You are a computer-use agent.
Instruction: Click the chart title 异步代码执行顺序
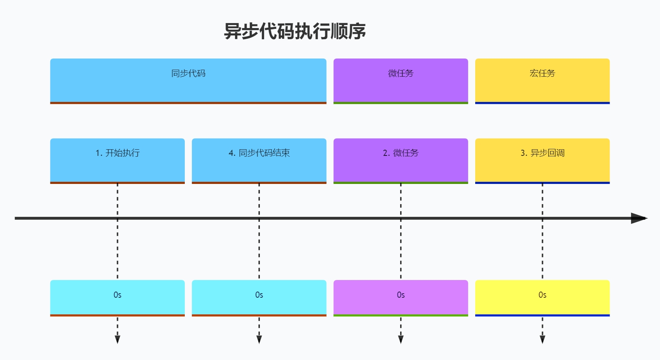295,31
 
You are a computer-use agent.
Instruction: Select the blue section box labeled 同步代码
188,81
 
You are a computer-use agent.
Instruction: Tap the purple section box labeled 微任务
401,81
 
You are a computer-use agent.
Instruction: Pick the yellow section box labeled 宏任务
542,81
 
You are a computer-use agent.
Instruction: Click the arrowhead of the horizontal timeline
639,218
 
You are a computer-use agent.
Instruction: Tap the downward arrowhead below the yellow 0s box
542,339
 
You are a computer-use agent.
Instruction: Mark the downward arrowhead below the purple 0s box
401,339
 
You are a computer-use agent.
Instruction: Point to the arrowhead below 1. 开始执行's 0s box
117,339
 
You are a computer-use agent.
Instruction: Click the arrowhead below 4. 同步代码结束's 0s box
259,339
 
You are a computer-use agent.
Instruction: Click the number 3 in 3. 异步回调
523,153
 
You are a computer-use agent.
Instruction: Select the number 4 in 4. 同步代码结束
231,153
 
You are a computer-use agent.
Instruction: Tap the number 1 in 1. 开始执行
97,153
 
